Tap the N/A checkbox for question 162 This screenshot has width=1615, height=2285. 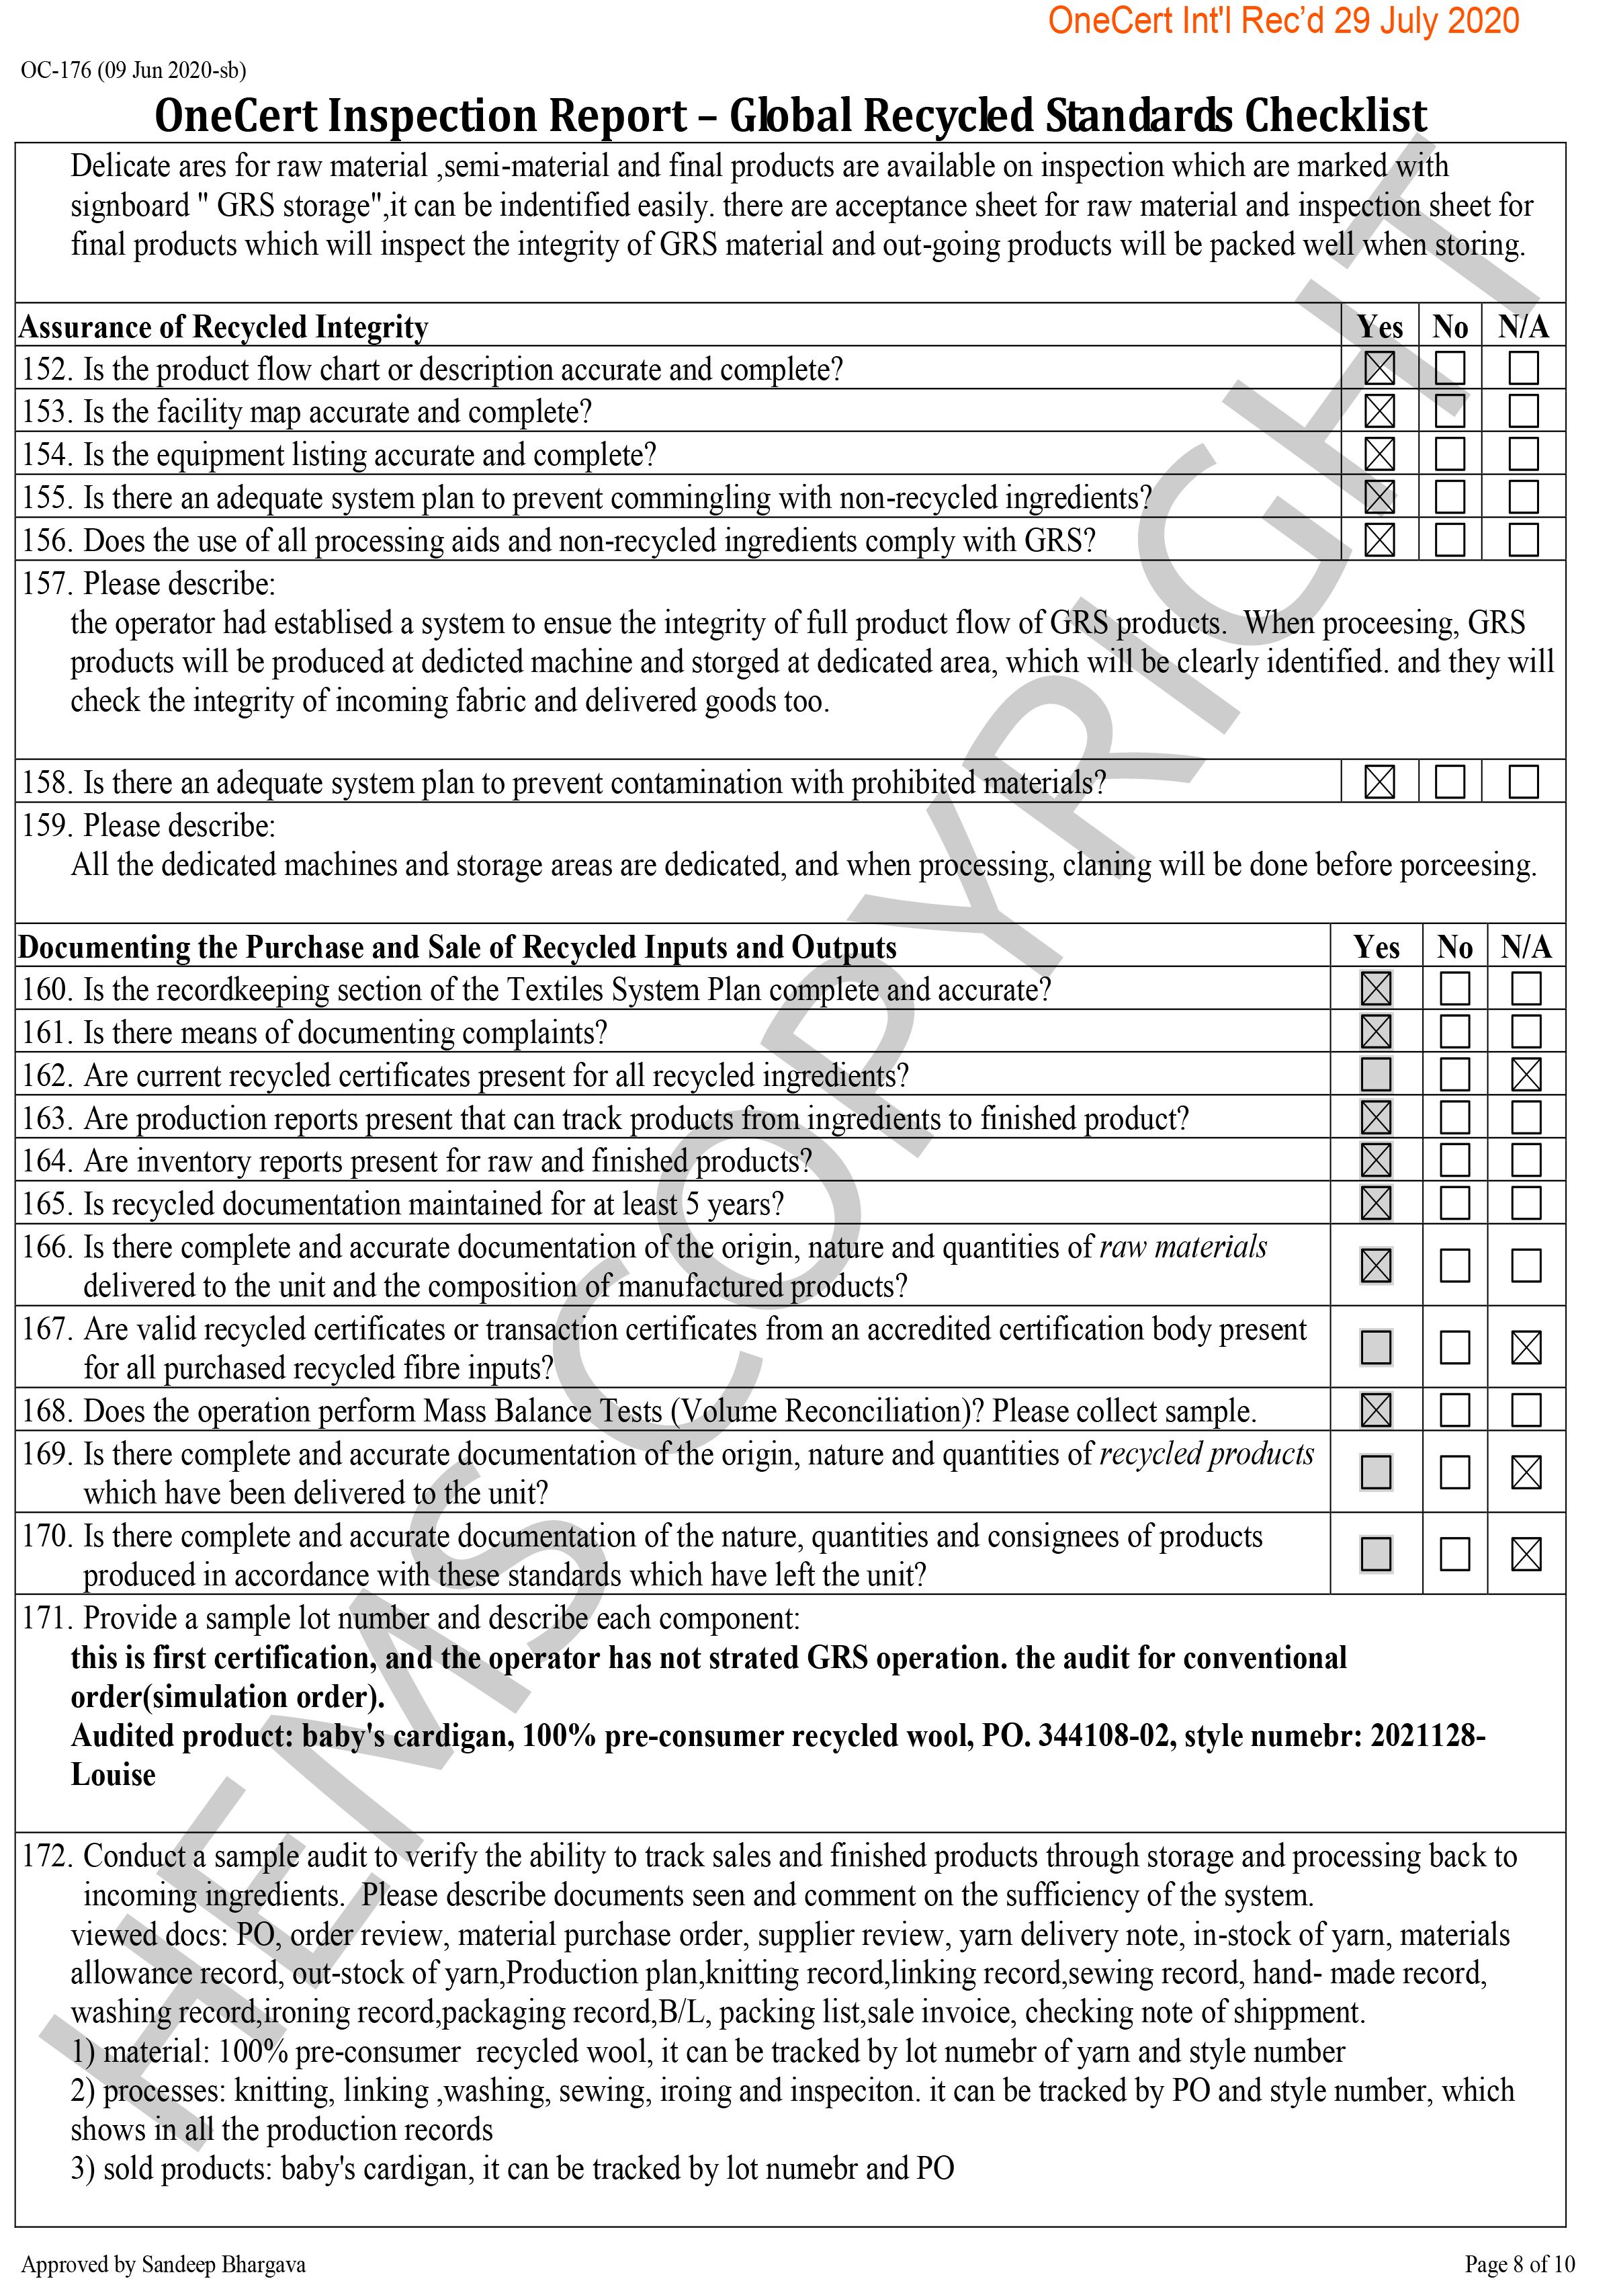[x=1526, y=1075]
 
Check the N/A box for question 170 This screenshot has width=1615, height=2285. [x=1526, y=1554]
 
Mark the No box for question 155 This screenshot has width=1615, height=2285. [x=1450, y=497]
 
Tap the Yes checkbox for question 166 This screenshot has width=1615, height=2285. [x=1377, y=1266]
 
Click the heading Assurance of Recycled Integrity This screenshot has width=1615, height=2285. [x=224, y=327]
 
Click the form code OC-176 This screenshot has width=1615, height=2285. [x=56, y=71]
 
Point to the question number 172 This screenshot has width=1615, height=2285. [x=48, y=1856]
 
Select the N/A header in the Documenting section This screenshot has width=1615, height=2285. [x=1526, y=946]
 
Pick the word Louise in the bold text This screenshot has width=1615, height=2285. [x=114, y=1774]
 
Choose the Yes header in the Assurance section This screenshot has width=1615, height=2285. [x=1379, y=327]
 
